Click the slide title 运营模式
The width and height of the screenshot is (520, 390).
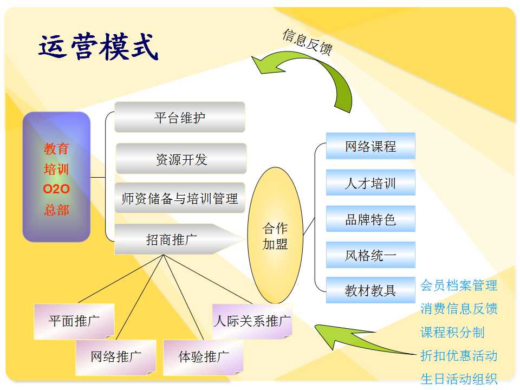99,47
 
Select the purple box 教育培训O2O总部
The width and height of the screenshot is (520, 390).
56,177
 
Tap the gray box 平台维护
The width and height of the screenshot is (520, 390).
180,117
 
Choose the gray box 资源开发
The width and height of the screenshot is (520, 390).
181,159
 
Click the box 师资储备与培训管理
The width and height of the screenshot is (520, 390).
180,198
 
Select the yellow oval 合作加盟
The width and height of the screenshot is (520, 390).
275,236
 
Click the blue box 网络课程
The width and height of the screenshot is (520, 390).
370,146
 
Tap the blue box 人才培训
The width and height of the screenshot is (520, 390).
370,183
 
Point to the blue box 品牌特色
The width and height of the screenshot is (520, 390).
370,219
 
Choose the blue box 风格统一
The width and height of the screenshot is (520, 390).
370,255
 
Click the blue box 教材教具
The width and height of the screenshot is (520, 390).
370,290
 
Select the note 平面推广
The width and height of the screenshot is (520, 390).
74,321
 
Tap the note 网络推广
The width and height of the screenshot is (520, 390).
116,357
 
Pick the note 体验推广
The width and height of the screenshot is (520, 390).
203,357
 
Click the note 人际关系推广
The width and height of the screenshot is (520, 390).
252,321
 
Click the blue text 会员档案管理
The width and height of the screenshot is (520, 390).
459,285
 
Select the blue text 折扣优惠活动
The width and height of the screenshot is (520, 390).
459,355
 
